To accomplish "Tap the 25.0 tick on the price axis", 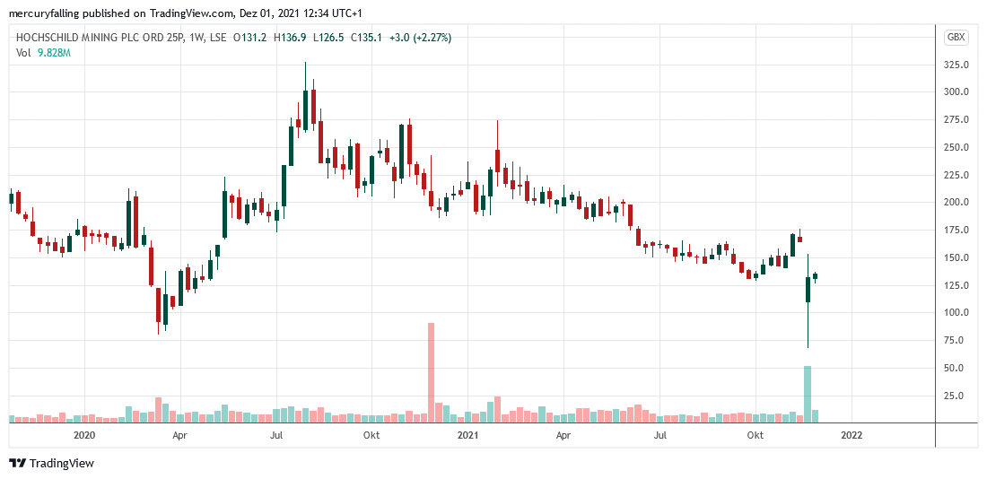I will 956,396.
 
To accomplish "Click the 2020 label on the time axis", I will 84,436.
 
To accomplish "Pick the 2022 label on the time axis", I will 851,436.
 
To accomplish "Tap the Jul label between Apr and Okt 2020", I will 276,436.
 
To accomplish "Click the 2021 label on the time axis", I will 467,436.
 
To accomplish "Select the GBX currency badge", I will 956,37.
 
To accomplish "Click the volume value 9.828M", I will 53,54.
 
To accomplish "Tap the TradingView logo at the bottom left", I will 51,463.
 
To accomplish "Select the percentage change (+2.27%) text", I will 432,38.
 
